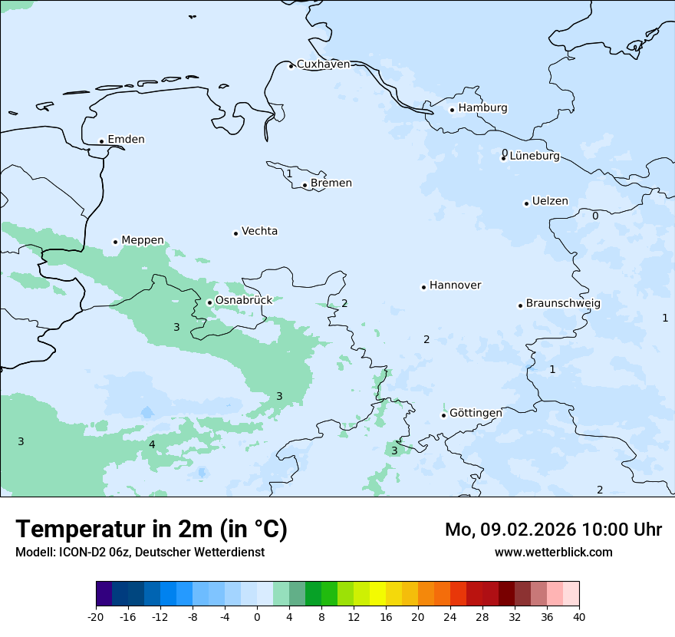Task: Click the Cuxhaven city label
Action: pyautogui.click(x=323, y=64)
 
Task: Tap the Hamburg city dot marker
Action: pyautogui.click(x=453, y=110)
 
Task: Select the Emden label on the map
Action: pyautogui.click(x=126, y=140)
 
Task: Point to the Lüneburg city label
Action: pyautogui.click(x=535, y=157)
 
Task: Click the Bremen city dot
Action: pyautogui.click(x=305, y=185)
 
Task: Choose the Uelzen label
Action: pyautogui.click(x=550, y=202)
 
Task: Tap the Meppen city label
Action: pyautogui.click(x=143, y=240)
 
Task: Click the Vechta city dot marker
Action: pyautogui.click(x=236, y=233)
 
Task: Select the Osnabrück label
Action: pyautogui.click(x=244, y=300)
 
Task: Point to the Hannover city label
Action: pyautogui.click(x=455, y=285)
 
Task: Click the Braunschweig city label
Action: pyautogui.click(x=563, y=304)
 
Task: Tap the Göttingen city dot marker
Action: pyautogui.click(x=443, y=415)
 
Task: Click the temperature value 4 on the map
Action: pyautogui.click(x=152, y=445)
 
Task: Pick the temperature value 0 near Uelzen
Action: pyautogui.click(x=595, y=216)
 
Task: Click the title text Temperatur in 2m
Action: pyautogui.click(x=151, y=530)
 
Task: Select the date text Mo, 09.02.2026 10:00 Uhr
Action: pyautogui.click(x=553, y=530)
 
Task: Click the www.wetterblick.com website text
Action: pyautogui.click(x=553, y=553)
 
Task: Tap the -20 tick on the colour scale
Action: pyautogui.click(x=96, y=617)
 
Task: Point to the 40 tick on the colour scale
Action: pyautogui.click(x=579, y=617)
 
